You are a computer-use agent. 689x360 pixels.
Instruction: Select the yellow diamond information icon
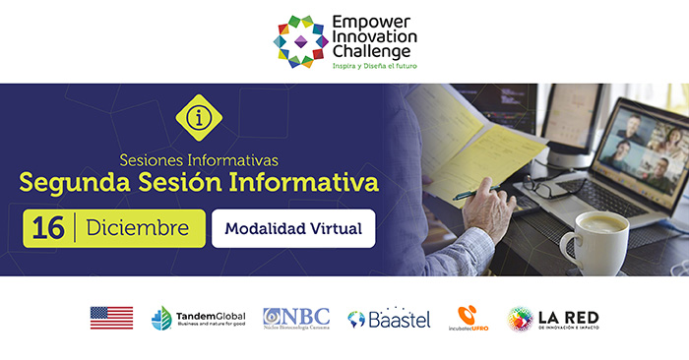pyautogui.click(x=198, y=118)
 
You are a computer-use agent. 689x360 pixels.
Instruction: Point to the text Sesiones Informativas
pyautogui.click(x=199, y=157)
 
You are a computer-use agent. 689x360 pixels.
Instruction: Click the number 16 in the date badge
pyautogui.click(x=47, y=228)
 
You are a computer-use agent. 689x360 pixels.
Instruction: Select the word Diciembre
pyautogui.click(x=137, y=228)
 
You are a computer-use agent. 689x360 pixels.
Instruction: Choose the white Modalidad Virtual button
pyautogui.click(x=292, y=229)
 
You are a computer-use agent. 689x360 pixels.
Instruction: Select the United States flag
pyautogui.click(x=111, y=318)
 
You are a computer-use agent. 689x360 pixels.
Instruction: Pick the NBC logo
pyautogui.click(x=295, y=318)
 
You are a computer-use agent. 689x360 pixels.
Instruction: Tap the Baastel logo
pyautogui.click(x=389, y=318)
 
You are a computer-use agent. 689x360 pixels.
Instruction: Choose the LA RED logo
pyautogui.click(x=553, y=318)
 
